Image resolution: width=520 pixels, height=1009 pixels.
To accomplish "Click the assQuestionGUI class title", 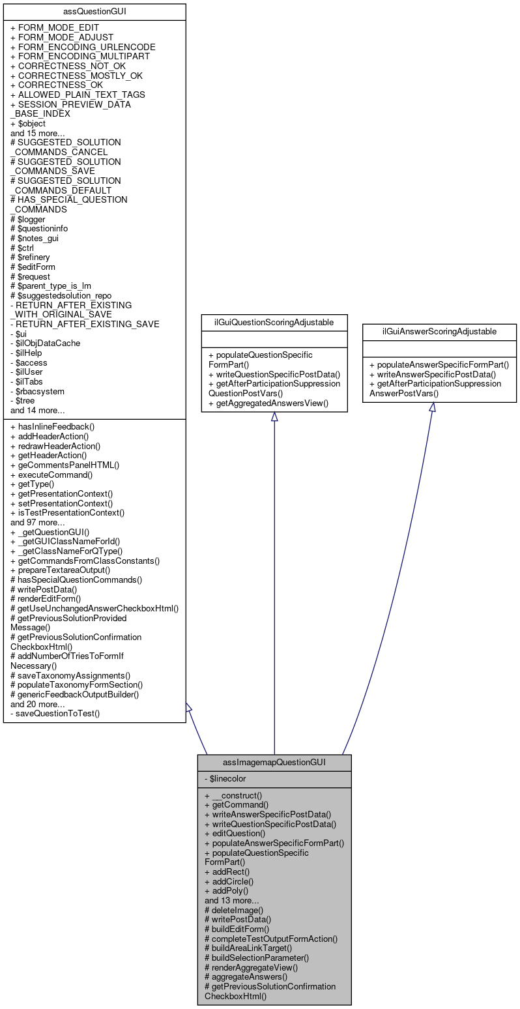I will tap(94, 11).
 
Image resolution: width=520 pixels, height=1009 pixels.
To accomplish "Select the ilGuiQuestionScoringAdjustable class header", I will tap(274, 321).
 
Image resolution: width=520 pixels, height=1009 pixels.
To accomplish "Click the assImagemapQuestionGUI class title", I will tap(274, 761).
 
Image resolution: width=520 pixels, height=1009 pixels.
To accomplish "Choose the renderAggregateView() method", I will tap(251, 967).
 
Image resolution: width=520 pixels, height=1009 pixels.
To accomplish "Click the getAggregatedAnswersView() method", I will tap(268, 403).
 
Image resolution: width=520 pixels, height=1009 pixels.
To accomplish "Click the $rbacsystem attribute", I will tap(38, 391).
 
